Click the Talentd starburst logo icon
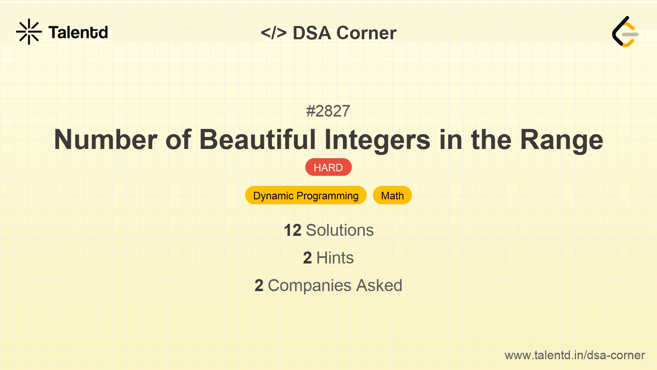tap(29, 32)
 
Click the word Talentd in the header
tap(78, 32)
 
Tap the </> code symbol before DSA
tap(274, 33)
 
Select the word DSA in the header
tap(312, 33)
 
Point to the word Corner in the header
tap(366, 33)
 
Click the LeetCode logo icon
tap(625, 32)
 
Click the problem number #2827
tap(328, 111)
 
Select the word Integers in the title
tap(377, 140)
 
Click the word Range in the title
tap(561, 140)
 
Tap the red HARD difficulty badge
tap(328, 167)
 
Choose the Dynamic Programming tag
tap(306, 195)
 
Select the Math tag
tap(392, 195)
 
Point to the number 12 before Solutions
tap(292, 230)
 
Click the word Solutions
tap(340, 230)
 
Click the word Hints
tap(335, 258)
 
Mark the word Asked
tap(379, 286)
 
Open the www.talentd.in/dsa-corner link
tap(574, 355)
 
